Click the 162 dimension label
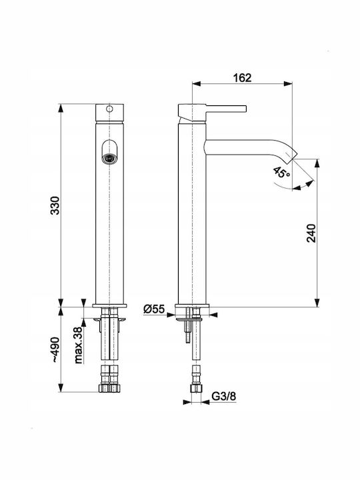(x=242, y=78)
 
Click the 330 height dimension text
(x=55, y=205)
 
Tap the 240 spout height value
(x=311, y=233)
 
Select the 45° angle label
(x=281, y=173)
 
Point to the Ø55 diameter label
(x=154, y=309)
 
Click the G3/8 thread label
(x=224, y=397)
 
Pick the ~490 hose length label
(x=55, y=350)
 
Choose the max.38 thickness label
(x=79, y=345)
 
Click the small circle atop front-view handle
(x=109, y=109)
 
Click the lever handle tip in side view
(x=245, y=109)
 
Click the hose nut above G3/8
(x=196, y=389)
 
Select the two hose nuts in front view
(x=109, y=388)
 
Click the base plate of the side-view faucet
(x=192, y=305)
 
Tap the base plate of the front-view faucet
(x=109, y=305)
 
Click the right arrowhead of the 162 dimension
(x=288, y=83)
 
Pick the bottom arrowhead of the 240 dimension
(x=317, y=303)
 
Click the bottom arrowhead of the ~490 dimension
(x=61, y=387)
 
